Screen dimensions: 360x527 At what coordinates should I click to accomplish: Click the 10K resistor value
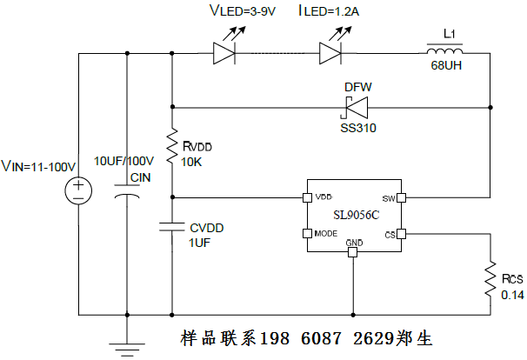pos(193,163)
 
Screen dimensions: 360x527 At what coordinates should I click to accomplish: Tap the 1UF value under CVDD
pos(200,243)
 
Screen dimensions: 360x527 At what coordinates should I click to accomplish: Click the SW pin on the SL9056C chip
pos(401,196)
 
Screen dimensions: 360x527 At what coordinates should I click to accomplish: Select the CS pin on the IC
pos(401,233)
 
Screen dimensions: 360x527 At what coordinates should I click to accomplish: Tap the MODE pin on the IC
pos(305,233)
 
